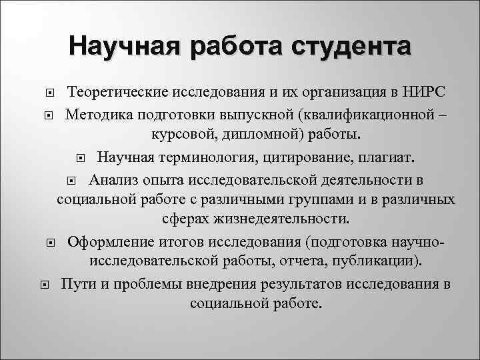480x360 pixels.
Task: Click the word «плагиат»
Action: point(387,158)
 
